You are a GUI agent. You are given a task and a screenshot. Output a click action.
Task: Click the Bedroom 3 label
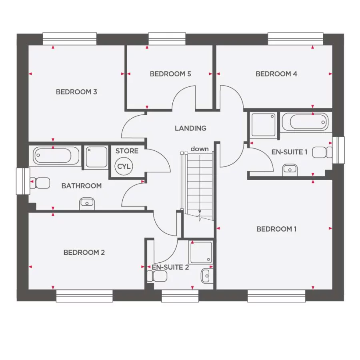(76, 92)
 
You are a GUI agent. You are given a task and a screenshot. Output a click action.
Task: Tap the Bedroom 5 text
(170, 74)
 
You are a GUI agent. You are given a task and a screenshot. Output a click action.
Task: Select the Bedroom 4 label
(276, 74)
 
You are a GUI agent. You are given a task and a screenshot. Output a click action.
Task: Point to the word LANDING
(190, 128)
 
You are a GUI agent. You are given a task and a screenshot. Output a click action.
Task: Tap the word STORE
(127, 151)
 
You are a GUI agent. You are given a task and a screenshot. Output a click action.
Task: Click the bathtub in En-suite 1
(305, 122)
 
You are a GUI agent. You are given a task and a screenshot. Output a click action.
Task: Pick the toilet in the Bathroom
(41, 183)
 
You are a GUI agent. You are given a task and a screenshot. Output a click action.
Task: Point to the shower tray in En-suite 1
(263, 124)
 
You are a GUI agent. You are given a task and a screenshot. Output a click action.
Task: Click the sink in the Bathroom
(87, 204)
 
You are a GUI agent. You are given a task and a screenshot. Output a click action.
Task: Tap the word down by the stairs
(200, 149)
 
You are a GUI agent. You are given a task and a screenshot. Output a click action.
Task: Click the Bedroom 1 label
(276, 229)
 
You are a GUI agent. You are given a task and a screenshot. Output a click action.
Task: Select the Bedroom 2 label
(84, 253)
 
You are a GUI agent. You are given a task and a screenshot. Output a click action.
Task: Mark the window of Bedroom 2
(84, 296)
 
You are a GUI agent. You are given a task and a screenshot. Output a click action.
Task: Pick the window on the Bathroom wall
(23, 181)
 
